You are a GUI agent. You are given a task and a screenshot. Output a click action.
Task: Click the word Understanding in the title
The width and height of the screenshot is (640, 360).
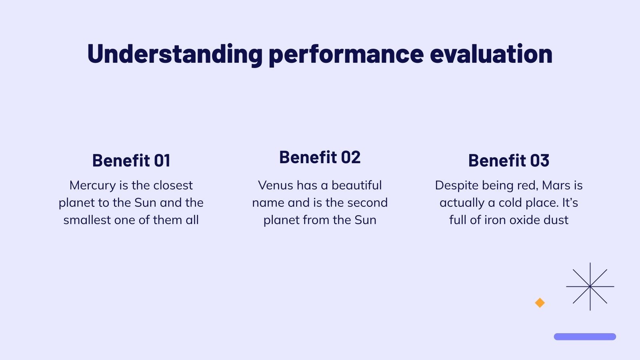coord(174,54)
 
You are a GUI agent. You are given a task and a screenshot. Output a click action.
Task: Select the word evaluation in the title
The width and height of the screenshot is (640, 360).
coord(491,54)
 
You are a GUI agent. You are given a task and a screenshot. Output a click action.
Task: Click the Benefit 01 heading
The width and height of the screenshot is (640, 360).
coord(131,161)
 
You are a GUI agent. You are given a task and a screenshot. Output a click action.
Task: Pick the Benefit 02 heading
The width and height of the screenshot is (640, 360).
coord(320,158)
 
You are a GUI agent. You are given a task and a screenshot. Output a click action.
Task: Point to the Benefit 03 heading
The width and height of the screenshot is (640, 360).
coord(509,161)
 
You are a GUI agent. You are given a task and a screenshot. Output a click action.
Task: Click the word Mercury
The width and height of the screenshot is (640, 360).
coord(92,186)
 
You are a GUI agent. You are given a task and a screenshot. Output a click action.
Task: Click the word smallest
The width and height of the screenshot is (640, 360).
coord(87,220)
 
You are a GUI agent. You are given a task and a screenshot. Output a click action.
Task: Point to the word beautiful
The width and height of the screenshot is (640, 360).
coord(356,185)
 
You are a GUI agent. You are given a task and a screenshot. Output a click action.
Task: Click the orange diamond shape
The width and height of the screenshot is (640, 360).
coord(540,303)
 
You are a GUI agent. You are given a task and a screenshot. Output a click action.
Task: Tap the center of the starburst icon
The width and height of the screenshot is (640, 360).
coord(590,286)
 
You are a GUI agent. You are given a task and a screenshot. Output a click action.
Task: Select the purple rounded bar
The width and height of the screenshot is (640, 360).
coord(585,337)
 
